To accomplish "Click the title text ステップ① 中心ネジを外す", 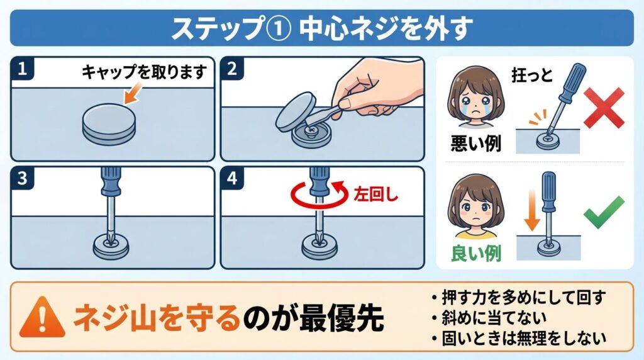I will [321, 28].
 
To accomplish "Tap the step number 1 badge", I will [23, 69].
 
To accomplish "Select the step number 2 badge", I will [231, 69].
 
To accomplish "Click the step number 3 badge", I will [23, 179].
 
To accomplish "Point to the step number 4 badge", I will [231, 179].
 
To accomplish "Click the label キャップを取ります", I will [144, 72].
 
